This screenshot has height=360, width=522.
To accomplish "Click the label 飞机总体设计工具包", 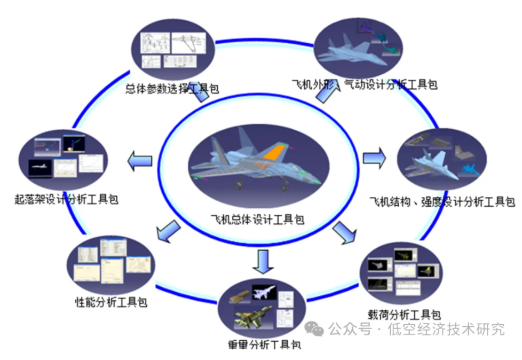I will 257,219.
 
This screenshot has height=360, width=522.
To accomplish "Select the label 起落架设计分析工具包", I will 66,200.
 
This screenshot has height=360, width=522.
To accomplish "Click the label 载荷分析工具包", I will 404,314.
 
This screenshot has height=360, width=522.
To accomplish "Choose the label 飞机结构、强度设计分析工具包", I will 442,202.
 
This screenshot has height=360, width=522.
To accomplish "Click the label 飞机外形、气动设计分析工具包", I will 364,84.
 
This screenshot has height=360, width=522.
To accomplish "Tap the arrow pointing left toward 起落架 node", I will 140,159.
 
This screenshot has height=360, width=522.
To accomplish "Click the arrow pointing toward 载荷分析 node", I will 344,231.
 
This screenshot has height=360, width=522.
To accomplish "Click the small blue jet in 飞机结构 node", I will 469,170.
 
